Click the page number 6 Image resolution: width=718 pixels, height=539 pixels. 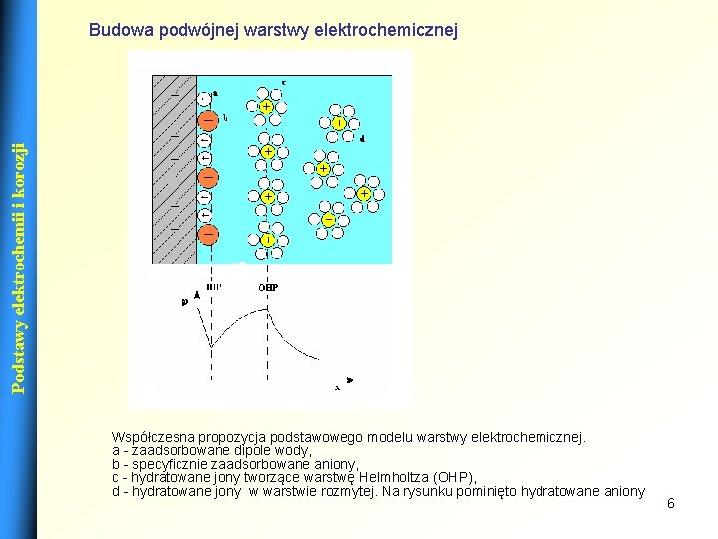[671, 503]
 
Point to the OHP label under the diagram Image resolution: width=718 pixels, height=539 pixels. [268, 287]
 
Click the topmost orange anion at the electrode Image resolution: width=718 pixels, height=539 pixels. [209, 120]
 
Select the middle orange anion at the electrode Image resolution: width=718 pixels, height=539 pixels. [209, 178]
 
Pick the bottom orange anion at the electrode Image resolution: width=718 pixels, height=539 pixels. [209, 235]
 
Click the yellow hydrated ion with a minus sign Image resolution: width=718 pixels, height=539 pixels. [328, 219]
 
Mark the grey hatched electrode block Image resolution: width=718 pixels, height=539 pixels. [173, 170]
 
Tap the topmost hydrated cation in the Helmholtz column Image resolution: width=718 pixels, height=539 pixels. [267, 106]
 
